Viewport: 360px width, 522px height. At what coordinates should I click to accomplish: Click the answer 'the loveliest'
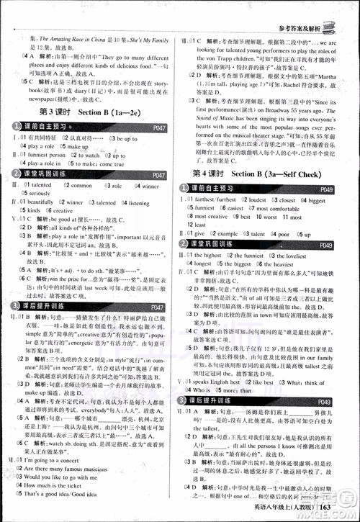[289, 256]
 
